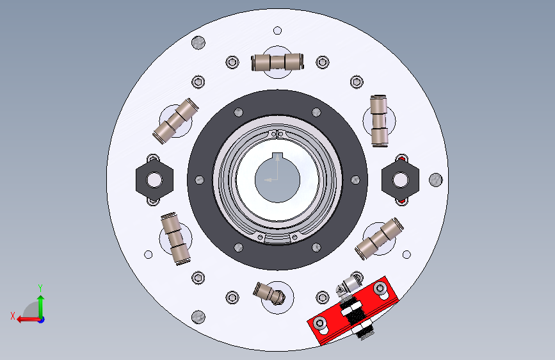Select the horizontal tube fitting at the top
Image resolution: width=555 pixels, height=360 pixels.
click(278, 62)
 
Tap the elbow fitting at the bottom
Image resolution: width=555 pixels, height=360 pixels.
click(269, 294)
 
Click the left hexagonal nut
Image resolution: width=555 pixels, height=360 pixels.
click(154, 180)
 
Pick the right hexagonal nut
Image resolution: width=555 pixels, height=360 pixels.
click(400, 180)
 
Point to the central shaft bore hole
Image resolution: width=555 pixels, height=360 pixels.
click(278, 180)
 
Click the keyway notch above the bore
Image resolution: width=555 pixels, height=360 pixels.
click(278, 156)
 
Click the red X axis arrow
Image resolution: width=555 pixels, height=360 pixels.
click(29, 320)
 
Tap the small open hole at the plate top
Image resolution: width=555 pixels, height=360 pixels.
click(278, 31)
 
